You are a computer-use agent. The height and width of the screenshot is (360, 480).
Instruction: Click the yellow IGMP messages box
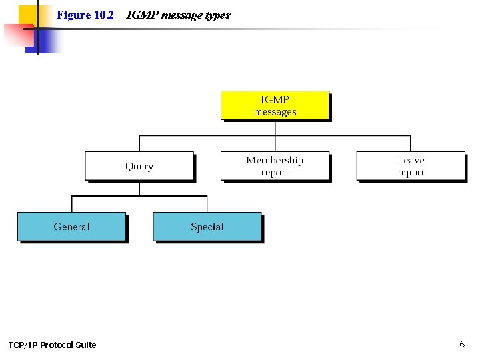click(275, 105)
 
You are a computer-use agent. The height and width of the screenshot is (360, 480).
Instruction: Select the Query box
click(139, 166)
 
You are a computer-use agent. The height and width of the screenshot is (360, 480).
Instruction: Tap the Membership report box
click(275, 166)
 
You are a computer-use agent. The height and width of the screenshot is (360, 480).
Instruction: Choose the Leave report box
click(410, 166)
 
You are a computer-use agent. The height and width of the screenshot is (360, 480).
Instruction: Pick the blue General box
click(71, 227)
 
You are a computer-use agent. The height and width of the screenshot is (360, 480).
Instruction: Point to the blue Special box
click(207, 227)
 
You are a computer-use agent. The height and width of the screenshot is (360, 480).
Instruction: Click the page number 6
click(462, 344)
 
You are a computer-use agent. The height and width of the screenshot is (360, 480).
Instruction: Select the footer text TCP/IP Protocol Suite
click(52, 345)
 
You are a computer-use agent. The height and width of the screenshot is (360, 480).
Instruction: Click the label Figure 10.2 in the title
click(85, 15)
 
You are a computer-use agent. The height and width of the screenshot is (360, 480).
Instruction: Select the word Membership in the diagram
click(275, 160)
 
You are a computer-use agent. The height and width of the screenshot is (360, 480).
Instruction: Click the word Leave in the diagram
click(411, 160)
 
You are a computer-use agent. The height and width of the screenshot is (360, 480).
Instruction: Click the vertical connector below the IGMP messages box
click(275, 128)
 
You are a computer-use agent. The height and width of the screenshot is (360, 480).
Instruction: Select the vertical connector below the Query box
click(139, 189)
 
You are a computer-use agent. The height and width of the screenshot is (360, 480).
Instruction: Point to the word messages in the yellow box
click(275, 112)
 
